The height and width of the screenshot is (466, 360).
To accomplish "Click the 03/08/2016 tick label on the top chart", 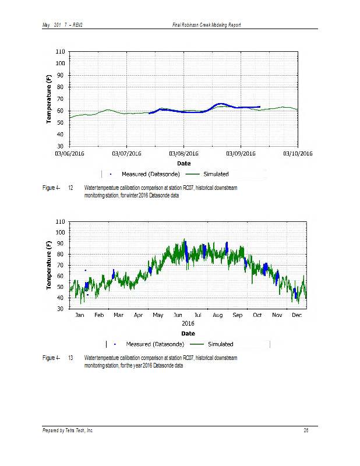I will pyautogui.click(x=184, y=154).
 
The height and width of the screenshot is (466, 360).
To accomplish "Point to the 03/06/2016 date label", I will pyautogui.click(x=70, y=154).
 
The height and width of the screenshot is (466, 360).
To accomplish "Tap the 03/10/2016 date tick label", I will pyautogui.click(x=298, y=154).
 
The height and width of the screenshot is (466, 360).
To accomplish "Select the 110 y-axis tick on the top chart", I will pyautogui.click(x=60, y=52).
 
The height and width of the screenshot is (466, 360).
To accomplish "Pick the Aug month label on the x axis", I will pyautogui.click(x=218, y=315).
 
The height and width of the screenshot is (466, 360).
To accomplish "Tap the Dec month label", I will pyautogui.click(x=297, y=315).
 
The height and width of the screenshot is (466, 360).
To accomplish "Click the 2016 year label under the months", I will pyautogui.click(x=188, y=323).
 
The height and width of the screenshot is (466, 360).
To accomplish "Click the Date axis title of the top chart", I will pyautogui.click(x=184, y=163).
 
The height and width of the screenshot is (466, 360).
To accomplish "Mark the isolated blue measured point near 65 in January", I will pyautogui.click(x=86, y=270).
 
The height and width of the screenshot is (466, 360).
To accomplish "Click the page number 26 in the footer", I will pyautogui.click(x=306, y=430).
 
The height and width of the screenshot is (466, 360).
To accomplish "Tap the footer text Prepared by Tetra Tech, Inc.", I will pyautogui.click(x=68, y=430).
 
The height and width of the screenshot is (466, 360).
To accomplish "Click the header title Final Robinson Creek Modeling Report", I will pyautogui.click(x=207, y=25).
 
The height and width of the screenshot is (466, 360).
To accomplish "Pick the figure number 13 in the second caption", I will pyautogui.click(x=70, y=357).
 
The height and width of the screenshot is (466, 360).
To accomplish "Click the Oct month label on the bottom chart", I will pyautogui.click(x=257, y=315).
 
